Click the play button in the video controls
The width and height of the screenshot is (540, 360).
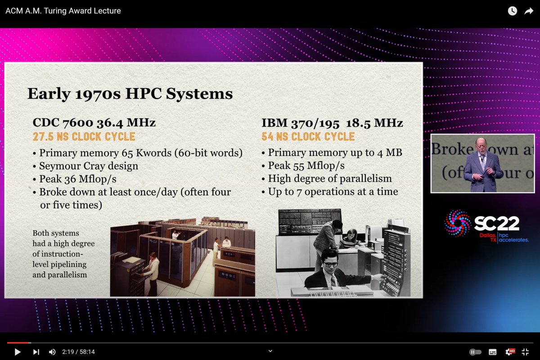point(18,352)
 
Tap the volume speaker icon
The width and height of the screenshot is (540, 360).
point(52,352)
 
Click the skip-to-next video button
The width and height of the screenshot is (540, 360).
point(36,352)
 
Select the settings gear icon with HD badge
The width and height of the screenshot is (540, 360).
point(510,352)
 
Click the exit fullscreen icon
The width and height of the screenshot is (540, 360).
point(525,352)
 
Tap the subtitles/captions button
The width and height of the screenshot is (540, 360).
point(493,352)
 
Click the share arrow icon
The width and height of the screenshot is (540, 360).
point(528,11)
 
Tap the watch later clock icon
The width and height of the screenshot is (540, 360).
point(513,11)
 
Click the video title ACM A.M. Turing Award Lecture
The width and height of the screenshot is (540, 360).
point(63,11)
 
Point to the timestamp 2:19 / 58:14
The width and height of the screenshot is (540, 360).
point(79,352)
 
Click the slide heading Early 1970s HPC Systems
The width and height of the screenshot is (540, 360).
point(130,94)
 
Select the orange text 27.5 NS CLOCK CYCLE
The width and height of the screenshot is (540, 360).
point(84,137)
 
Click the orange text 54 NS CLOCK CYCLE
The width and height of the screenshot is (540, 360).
point(308,137)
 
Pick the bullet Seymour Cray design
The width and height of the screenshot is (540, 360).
point(89,166)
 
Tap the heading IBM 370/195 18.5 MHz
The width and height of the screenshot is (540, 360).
point(332,123)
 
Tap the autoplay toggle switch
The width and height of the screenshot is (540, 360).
point(475,352)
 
